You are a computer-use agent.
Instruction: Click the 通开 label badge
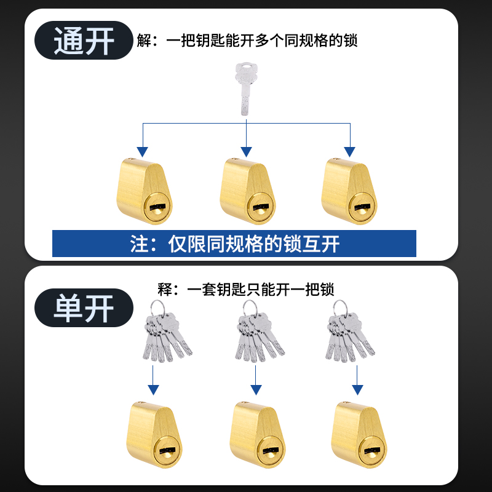84,41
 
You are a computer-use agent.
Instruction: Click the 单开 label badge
84,307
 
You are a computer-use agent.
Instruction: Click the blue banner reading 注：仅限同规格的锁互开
234,244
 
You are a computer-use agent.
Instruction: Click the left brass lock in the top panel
144,191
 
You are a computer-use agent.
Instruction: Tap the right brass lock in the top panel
349,191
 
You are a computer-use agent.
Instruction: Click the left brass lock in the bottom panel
157,435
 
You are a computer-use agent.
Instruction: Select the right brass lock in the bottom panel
359,435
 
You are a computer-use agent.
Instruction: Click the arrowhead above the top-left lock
143,151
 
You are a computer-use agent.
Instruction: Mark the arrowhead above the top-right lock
349,151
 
